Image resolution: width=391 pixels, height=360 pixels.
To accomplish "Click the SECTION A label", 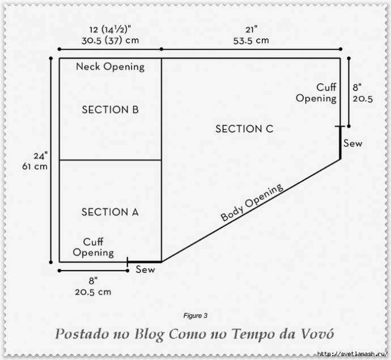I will click(x=110, y=212).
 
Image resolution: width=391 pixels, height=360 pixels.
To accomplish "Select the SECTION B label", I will click(x=110, y=110).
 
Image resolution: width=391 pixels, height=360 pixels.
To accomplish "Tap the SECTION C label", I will click(x=244, y=129).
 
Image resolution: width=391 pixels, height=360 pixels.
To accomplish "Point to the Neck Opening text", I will click(x=110, y=67).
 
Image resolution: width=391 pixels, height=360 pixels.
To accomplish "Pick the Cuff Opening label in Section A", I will click(x=93, y=247).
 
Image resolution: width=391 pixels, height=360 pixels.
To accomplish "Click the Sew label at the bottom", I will click(x=145, y=270).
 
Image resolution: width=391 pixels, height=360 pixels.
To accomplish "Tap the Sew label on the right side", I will click(x=352, y=144).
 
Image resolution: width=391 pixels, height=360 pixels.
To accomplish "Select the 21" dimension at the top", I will click(x=250, y=30).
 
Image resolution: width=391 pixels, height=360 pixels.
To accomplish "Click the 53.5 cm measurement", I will click(x=250, y=41).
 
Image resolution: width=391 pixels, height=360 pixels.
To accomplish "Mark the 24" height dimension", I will click(x=40, y=156).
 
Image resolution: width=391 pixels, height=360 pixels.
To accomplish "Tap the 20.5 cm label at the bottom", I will click(x=92, y=292).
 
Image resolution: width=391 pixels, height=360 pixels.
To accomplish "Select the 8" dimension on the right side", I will click(x=356, y=87).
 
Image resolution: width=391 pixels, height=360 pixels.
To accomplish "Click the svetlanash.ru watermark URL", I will click(x=351, y=354).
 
